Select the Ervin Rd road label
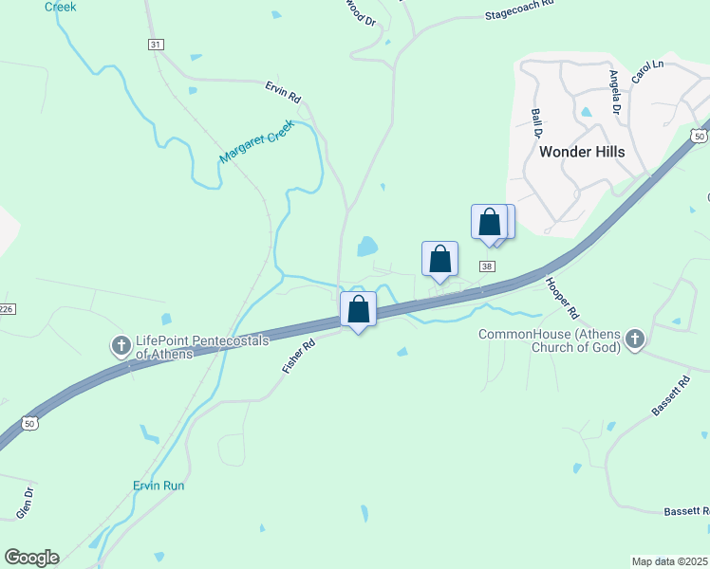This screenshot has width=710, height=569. click(282, 91)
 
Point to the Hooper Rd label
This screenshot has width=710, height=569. click(561, 297)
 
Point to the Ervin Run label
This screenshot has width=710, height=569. click(159, 486)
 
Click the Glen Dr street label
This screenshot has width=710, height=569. click(25, 502)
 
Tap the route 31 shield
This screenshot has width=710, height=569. click(157, 45)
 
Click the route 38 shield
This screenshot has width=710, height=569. click(487, 267)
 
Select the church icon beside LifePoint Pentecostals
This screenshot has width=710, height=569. click(121, 346)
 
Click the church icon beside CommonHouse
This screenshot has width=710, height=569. click(635, 340)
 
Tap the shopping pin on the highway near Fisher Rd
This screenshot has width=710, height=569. click(359, 310)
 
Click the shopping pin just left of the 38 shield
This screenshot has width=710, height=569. click(440, 260)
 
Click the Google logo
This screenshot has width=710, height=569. click(31, 558)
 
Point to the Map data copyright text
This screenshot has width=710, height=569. click(670, 561)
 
